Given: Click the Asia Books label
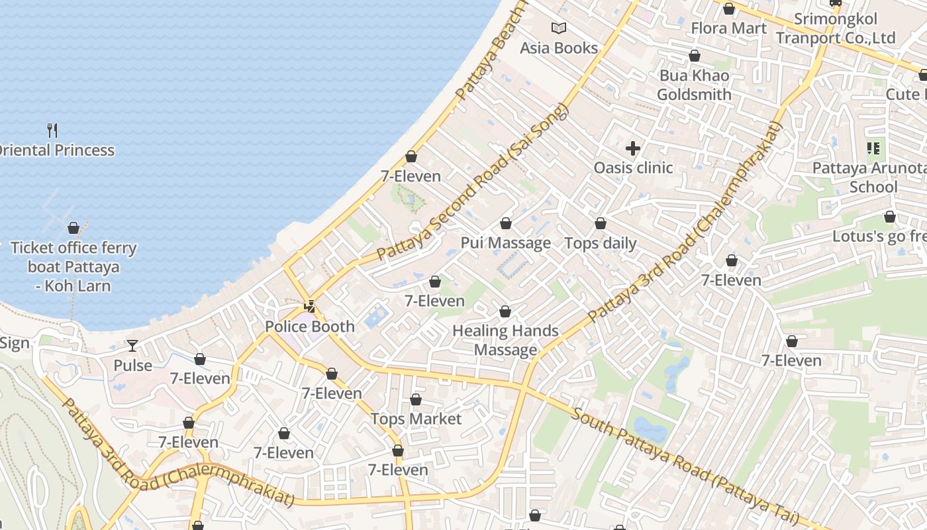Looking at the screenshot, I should click(x=558, y=48).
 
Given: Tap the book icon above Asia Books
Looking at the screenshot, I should click(x=559, y=28).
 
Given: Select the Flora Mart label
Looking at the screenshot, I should click(x=728, y=28).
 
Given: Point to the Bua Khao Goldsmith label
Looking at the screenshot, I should click(x=694, y=85).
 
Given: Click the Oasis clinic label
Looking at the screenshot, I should click(x=633, y=168).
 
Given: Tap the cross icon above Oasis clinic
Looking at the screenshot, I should click(x=633, y=148).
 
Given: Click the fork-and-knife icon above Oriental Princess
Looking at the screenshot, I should click(x=53, y=130).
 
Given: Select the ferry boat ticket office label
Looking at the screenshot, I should click(x=73, y=267).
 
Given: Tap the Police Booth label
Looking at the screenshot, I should click(x=310, y=327).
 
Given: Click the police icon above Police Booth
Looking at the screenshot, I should click(x=309, y=306).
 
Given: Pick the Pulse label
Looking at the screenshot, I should click(x=132, y=366).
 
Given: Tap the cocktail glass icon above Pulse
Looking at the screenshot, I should click(x=132, y=345).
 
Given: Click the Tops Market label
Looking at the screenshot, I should click(x=416, y=419).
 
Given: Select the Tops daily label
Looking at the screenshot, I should click(x=600, y=243).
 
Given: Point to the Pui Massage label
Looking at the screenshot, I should click(x=506, y=243).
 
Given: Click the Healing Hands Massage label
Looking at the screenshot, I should click(x=505, y=340).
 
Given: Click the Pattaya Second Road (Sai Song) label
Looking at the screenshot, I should click(x=473, y=182).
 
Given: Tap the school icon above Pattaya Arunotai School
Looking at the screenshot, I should click(x=873, y=148).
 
